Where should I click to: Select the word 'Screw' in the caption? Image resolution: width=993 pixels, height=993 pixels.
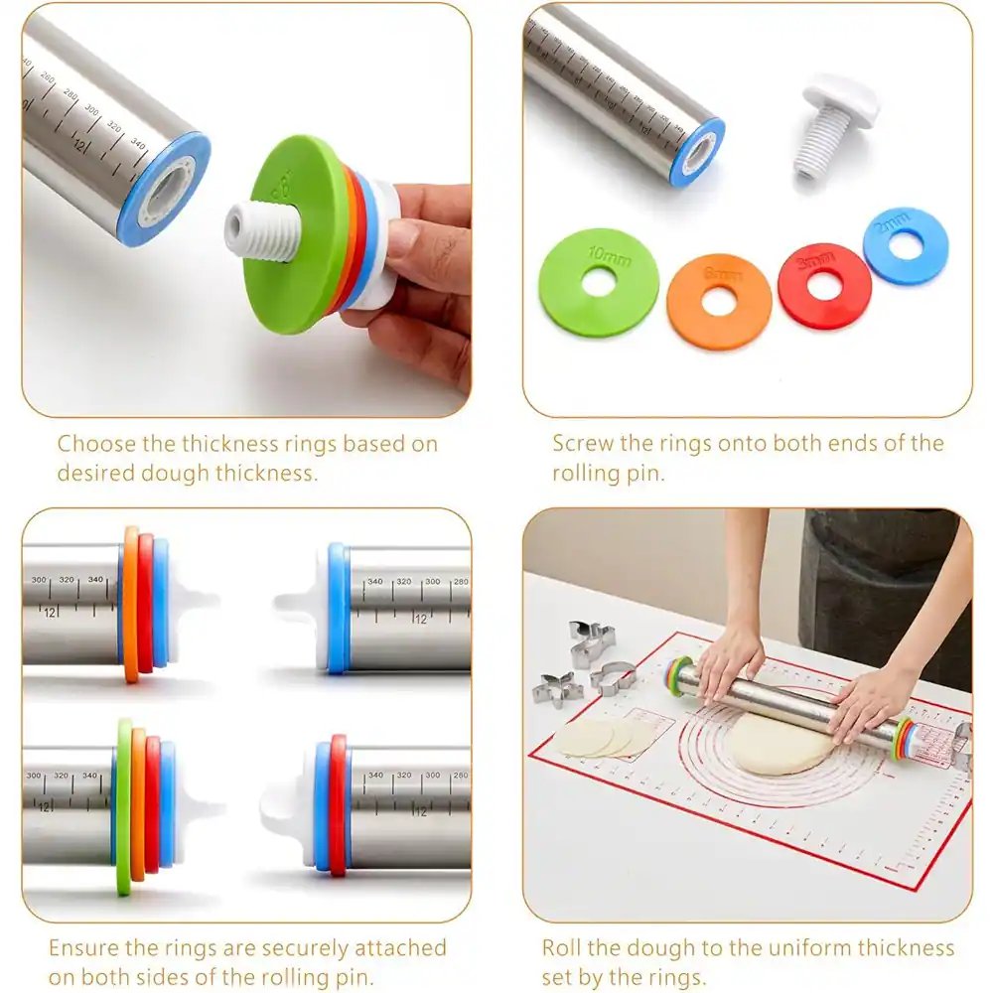[x=585, y=443]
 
